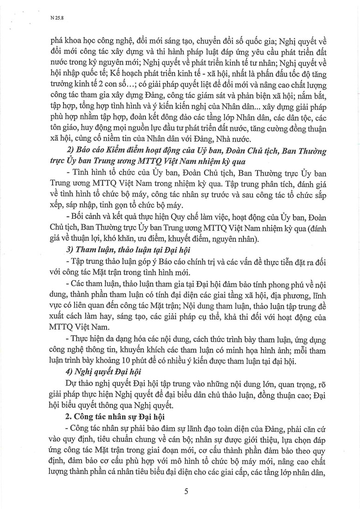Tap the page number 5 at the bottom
pyautogui.click(x=186, y=491)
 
